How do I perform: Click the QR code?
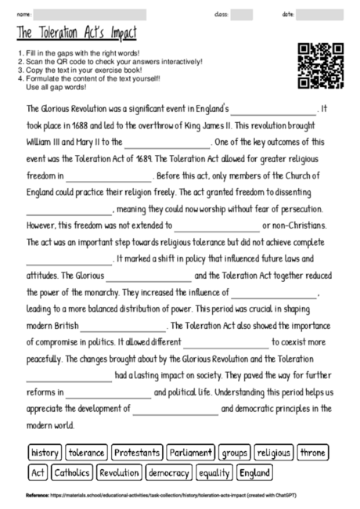tap(321, 66)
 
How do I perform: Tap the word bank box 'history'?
tap(45, 453)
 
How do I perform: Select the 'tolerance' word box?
tap(86, 453)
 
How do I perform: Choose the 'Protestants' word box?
tap(138, 453)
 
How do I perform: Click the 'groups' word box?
tap(234, 453)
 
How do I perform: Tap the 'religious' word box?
tap(273, 453)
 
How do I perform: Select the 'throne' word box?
tap(312, 453)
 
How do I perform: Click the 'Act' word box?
tap(38, 473)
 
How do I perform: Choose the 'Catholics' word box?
tap(72, 473)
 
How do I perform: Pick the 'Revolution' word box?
tap(119, 473)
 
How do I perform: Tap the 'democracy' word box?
tap(168, 473)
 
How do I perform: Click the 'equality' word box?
tap(214, 473)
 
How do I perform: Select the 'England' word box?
tap(255, 473)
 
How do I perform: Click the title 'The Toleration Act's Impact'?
tap(75, 33)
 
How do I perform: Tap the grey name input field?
tap(90, 14)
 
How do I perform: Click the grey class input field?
tap(242, 14)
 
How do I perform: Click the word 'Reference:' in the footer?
tap(37, 495)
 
